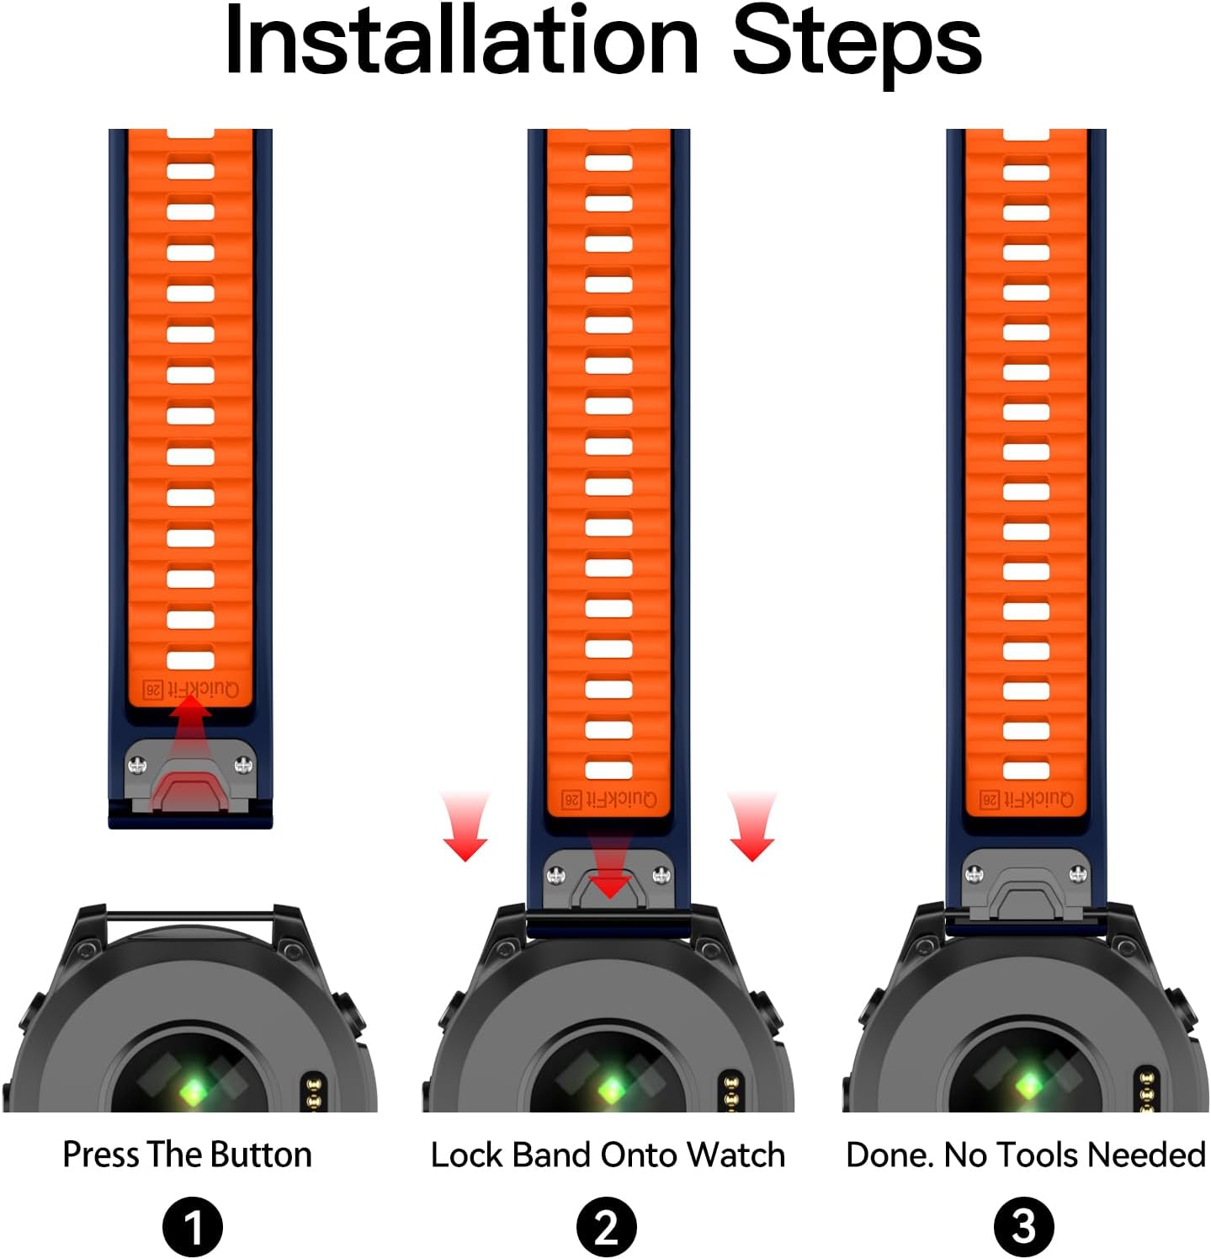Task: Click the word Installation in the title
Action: pos(462,40)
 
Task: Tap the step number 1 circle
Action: pos(193,1227)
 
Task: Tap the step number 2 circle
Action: pos(607,1227)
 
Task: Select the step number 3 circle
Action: pos(1023,1227)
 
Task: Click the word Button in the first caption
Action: pos(261,1155)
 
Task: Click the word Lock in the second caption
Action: pos(467,1155)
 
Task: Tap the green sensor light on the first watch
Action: pos(192,1091)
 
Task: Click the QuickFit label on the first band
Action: pos(192,689)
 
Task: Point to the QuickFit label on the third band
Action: pos(1027,799)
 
